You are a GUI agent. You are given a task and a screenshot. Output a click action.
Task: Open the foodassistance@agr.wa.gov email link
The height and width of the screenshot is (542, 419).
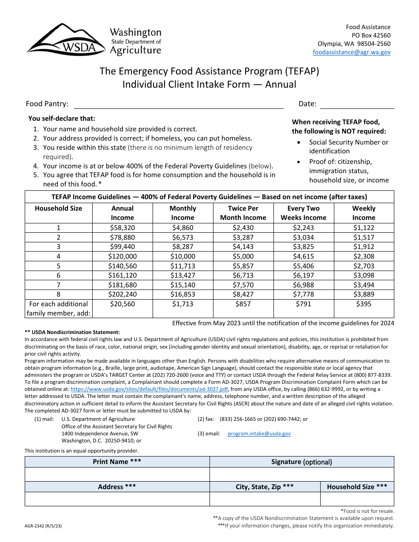point(352,52)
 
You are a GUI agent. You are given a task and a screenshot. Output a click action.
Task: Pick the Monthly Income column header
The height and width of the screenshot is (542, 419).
point(183,213)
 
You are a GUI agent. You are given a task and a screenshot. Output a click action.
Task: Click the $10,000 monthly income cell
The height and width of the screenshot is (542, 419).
point(183,256)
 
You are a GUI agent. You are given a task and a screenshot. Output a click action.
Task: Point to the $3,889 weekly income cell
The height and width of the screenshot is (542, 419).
point(363,294)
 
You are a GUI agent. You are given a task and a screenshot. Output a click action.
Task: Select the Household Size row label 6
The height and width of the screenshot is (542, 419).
point(58,275)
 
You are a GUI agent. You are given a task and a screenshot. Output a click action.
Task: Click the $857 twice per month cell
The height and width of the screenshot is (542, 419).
point(243,304)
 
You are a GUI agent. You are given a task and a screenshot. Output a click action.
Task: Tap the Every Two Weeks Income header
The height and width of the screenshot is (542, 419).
point(303,213)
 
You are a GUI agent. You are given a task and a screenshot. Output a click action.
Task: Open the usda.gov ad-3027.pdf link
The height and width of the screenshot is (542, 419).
point(149,390)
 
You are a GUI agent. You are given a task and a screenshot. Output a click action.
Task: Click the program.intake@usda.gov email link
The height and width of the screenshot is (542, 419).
point(259,434)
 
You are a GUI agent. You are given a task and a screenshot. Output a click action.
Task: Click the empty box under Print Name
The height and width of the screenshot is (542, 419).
point(117,475)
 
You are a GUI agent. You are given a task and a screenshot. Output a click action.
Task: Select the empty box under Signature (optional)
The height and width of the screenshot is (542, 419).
point(301,475)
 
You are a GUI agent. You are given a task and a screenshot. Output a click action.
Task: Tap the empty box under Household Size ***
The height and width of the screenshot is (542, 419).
point(357,499)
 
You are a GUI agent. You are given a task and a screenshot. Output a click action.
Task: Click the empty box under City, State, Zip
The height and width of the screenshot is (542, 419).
point(265,499)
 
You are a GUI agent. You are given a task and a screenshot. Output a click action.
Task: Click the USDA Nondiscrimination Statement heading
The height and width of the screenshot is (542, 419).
point(72,332)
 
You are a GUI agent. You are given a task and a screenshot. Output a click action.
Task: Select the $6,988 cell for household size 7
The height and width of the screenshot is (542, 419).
point(303,285)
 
